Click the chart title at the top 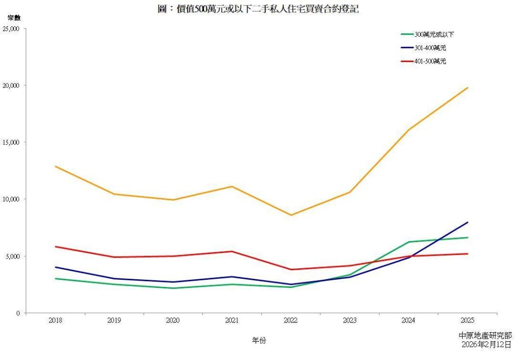click(x=258, y=9)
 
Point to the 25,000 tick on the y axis click(x=11, y=29)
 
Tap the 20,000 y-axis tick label click(x=11, y=86)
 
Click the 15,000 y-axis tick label click(x=11, y=143)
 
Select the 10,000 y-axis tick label click(x=11, y=199)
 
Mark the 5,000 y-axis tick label click(x=12, y=256)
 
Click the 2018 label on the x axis click(x=55, y=320)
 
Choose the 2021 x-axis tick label click(x=232, y=320)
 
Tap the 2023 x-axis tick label click(x=350, y=320)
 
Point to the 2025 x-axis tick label click(x=467, y=320)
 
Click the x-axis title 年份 click(x=259, y=340)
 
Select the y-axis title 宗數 click(x=14, y=18)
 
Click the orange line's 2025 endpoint click(x=468, y=88)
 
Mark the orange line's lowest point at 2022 click(x=291, y=215)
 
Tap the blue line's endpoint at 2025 click(x=468, y=222)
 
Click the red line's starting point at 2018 click(x=55, y=247)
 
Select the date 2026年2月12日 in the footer click(x=486, y=344)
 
